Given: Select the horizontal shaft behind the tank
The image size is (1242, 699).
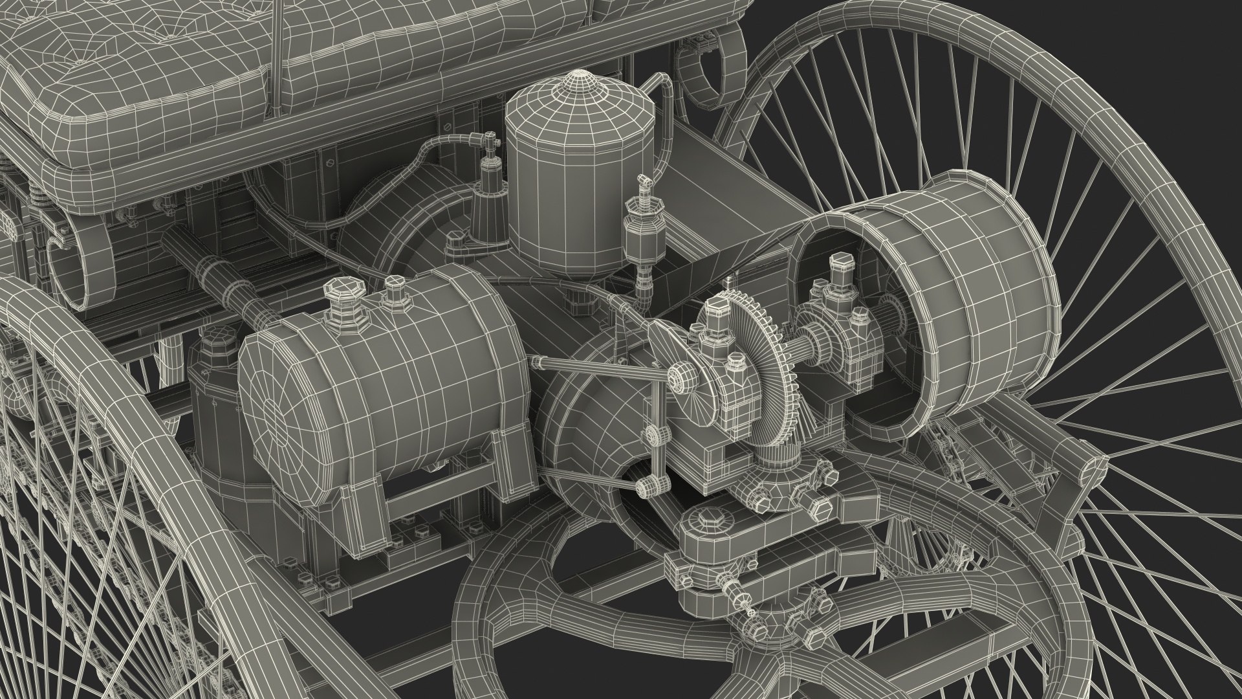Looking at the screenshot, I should click(213, 272).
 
